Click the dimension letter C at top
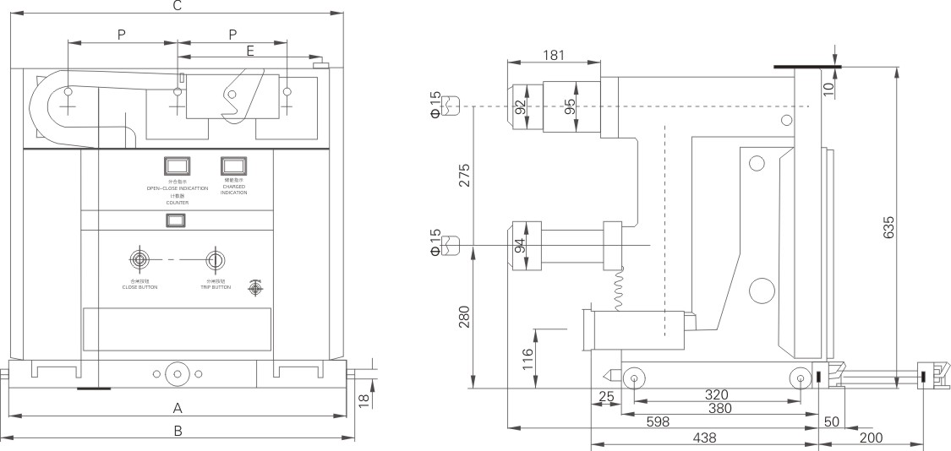click(177, 6)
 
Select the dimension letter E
click(249, 51)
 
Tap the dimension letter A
click(178, 409)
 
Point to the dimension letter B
click(178, 431)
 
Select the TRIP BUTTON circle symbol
click(216, 258)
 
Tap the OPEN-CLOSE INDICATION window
click(177, 165)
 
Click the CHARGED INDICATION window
click(233, 165)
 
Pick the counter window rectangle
click(177, 220)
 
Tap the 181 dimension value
click(553, 56)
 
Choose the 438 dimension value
click(704, 437)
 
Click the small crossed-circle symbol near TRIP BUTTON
click(254, 288)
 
